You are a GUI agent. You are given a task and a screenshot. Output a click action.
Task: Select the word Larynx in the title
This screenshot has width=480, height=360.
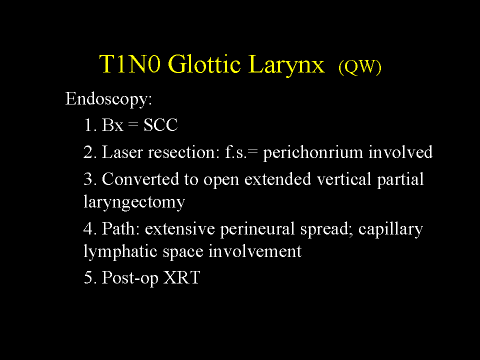click(286, 65)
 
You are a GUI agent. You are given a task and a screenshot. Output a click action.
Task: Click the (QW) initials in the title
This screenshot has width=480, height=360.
click(360, 66)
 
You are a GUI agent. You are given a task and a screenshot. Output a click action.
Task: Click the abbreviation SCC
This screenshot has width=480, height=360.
click(160, 125)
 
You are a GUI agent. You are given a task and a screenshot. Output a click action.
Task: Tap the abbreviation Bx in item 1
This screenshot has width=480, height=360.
click(112, 125)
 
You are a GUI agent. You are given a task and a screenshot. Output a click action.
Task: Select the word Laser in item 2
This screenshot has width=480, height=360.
click(122, 152)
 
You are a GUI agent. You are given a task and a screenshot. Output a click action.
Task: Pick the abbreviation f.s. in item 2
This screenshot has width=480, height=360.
click(235, 152)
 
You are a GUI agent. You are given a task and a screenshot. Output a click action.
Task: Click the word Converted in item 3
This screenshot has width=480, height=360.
click(140, 179)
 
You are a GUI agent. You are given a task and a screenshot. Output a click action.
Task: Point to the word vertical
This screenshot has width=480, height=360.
click(344, 179)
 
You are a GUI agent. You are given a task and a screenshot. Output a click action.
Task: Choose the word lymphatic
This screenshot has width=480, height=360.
click(120, 252)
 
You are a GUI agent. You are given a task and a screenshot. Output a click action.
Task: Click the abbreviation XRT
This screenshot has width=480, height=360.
click(181, 277)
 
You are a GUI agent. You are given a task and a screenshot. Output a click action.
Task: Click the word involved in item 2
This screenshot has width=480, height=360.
click(400, 152)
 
